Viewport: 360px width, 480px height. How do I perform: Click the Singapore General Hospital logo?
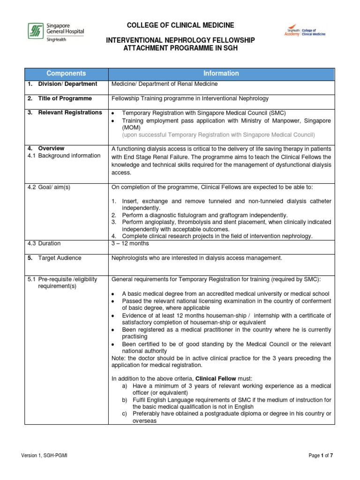pos(55,31)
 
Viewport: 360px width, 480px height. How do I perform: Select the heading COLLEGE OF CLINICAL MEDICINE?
pos(180,25)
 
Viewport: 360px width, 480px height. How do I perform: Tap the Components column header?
pos(66,74)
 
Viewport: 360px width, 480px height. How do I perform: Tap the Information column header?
pos(221,74)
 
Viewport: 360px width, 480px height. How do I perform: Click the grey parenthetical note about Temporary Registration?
pos(218,135)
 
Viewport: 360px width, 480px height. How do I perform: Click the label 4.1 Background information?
pos(64,156)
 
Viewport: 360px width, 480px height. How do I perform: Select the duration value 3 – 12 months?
pos(130,244)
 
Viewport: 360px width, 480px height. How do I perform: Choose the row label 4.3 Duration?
pos(44,244)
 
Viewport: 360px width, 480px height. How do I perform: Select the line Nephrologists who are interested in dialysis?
pos(196,258)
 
